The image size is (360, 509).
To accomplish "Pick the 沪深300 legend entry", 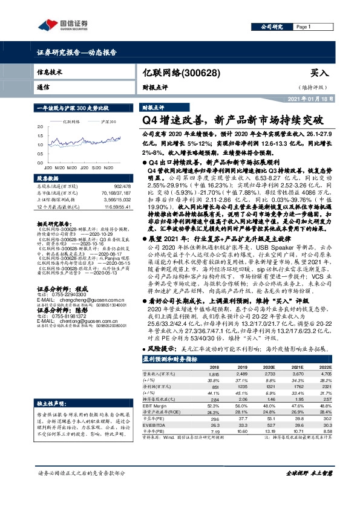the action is click(x=108, y=122).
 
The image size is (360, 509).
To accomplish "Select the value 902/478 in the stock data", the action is click(x=122, y=186).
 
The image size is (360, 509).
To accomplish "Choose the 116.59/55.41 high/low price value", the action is click(x=117, y=207).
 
